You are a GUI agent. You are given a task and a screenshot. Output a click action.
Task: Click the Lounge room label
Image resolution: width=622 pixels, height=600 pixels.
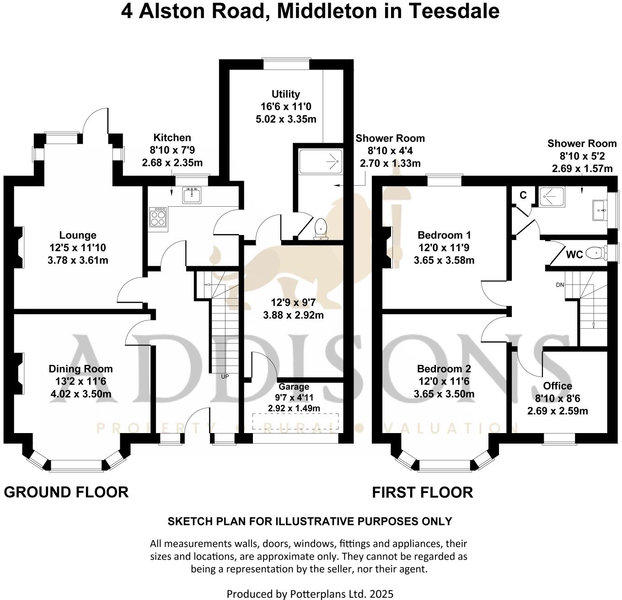point(78,236)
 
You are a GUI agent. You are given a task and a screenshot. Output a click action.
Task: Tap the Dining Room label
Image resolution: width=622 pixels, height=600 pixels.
point(80,369)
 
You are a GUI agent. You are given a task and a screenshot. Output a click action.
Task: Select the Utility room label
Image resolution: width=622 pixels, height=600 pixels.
point(286,94)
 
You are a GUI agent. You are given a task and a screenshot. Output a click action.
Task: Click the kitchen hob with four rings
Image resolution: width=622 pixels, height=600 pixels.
point(158,217)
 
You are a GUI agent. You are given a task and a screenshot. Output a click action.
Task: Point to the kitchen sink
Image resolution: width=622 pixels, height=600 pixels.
point(192,195)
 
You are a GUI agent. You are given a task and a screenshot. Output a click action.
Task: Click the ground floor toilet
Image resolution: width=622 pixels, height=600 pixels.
point(321,228)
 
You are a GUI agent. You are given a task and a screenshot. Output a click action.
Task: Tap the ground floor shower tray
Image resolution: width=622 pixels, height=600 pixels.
point(320,161)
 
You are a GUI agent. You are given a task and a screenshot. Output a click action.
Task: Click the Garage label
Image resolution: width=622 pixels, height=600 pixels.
point(294,387)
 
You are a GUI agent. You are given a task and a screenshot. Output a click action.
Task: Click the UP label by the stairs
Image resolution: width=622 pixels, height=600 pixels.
point(225,377)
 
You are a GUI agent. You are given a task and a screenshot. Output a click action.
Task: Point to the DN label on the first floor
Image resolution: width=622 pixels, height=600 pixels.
point(560,285)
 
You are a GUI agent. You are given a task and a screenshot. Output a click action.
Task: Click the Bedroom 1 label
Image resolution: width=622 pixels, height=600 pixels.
point(444,236)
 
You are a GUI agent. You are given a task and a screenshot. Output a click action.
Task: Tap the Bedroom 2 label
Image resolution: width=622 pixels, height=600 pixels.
point(444,369)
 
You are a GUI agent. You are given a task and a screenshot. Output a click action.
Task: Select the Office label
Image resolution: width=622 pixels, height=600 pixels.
point(558,386)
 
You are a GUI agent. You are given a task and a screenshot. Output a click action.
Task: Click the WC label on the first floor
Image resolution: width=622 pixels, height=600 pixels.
point(574,254)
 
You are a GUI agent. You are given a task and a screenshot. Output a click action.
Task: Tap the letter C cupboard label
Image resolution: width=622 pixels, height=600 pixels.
point(523,195)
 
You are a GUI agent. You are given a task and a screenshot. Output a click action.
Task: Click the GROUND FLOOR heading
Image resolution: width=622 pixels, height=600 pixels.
point(66,493)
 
